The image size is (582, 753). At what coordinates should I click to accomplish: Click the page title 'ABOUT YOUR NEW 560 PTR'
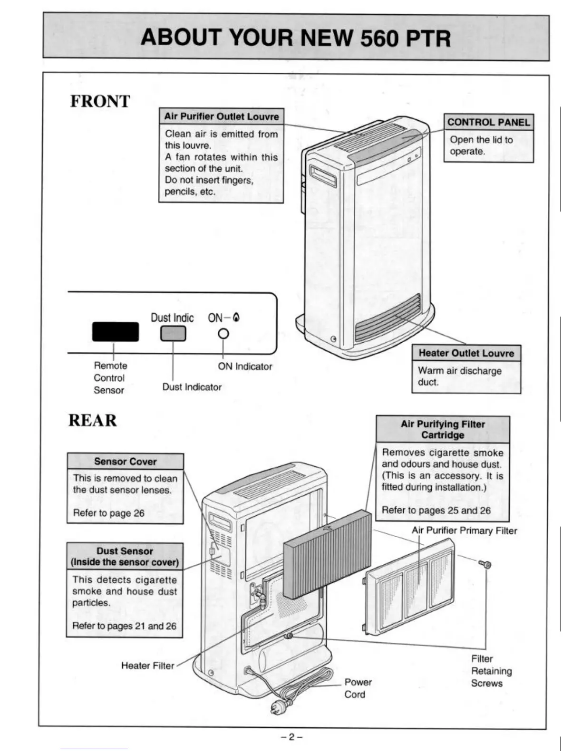295,38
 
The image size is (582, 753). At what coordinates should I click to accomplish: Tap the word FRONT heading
100,101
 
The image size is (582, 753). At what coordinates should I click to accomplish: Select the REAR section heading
92,420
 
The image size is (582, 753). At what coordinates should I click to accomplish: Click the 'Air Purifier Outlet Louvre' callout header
221,116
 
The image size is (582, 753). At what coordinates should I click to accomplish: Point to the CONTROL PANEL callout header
488,122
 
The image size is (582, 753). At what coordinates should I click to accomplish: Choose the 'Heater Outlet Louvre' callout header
466,353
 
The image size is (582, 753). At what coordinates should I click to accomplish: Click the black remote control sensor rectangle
116,331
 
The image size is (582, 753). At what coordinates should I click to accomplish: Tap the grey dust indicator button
173,334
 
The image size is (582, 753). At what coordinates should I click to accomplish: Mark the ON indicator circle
223,334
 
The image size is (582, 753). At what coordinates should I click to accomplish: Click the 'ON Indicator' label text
245,367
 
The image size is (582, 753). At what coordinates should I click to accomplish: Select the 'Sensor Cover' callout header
125,461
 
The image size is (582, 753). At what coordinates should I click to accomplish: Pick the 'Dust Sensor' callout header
125,556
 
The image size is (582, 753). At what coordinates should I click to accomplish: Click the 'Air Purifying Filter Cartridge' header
442,429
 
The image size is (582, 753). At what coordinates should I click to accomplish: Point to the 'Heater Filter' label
147,666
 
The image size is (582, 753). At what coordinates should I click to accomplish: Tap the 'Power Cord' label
358,688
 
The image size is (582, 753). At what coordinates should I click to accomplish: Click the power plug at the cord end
278,707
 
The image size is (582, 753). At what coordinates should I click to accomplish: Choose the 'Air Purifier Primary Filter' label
464,531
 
